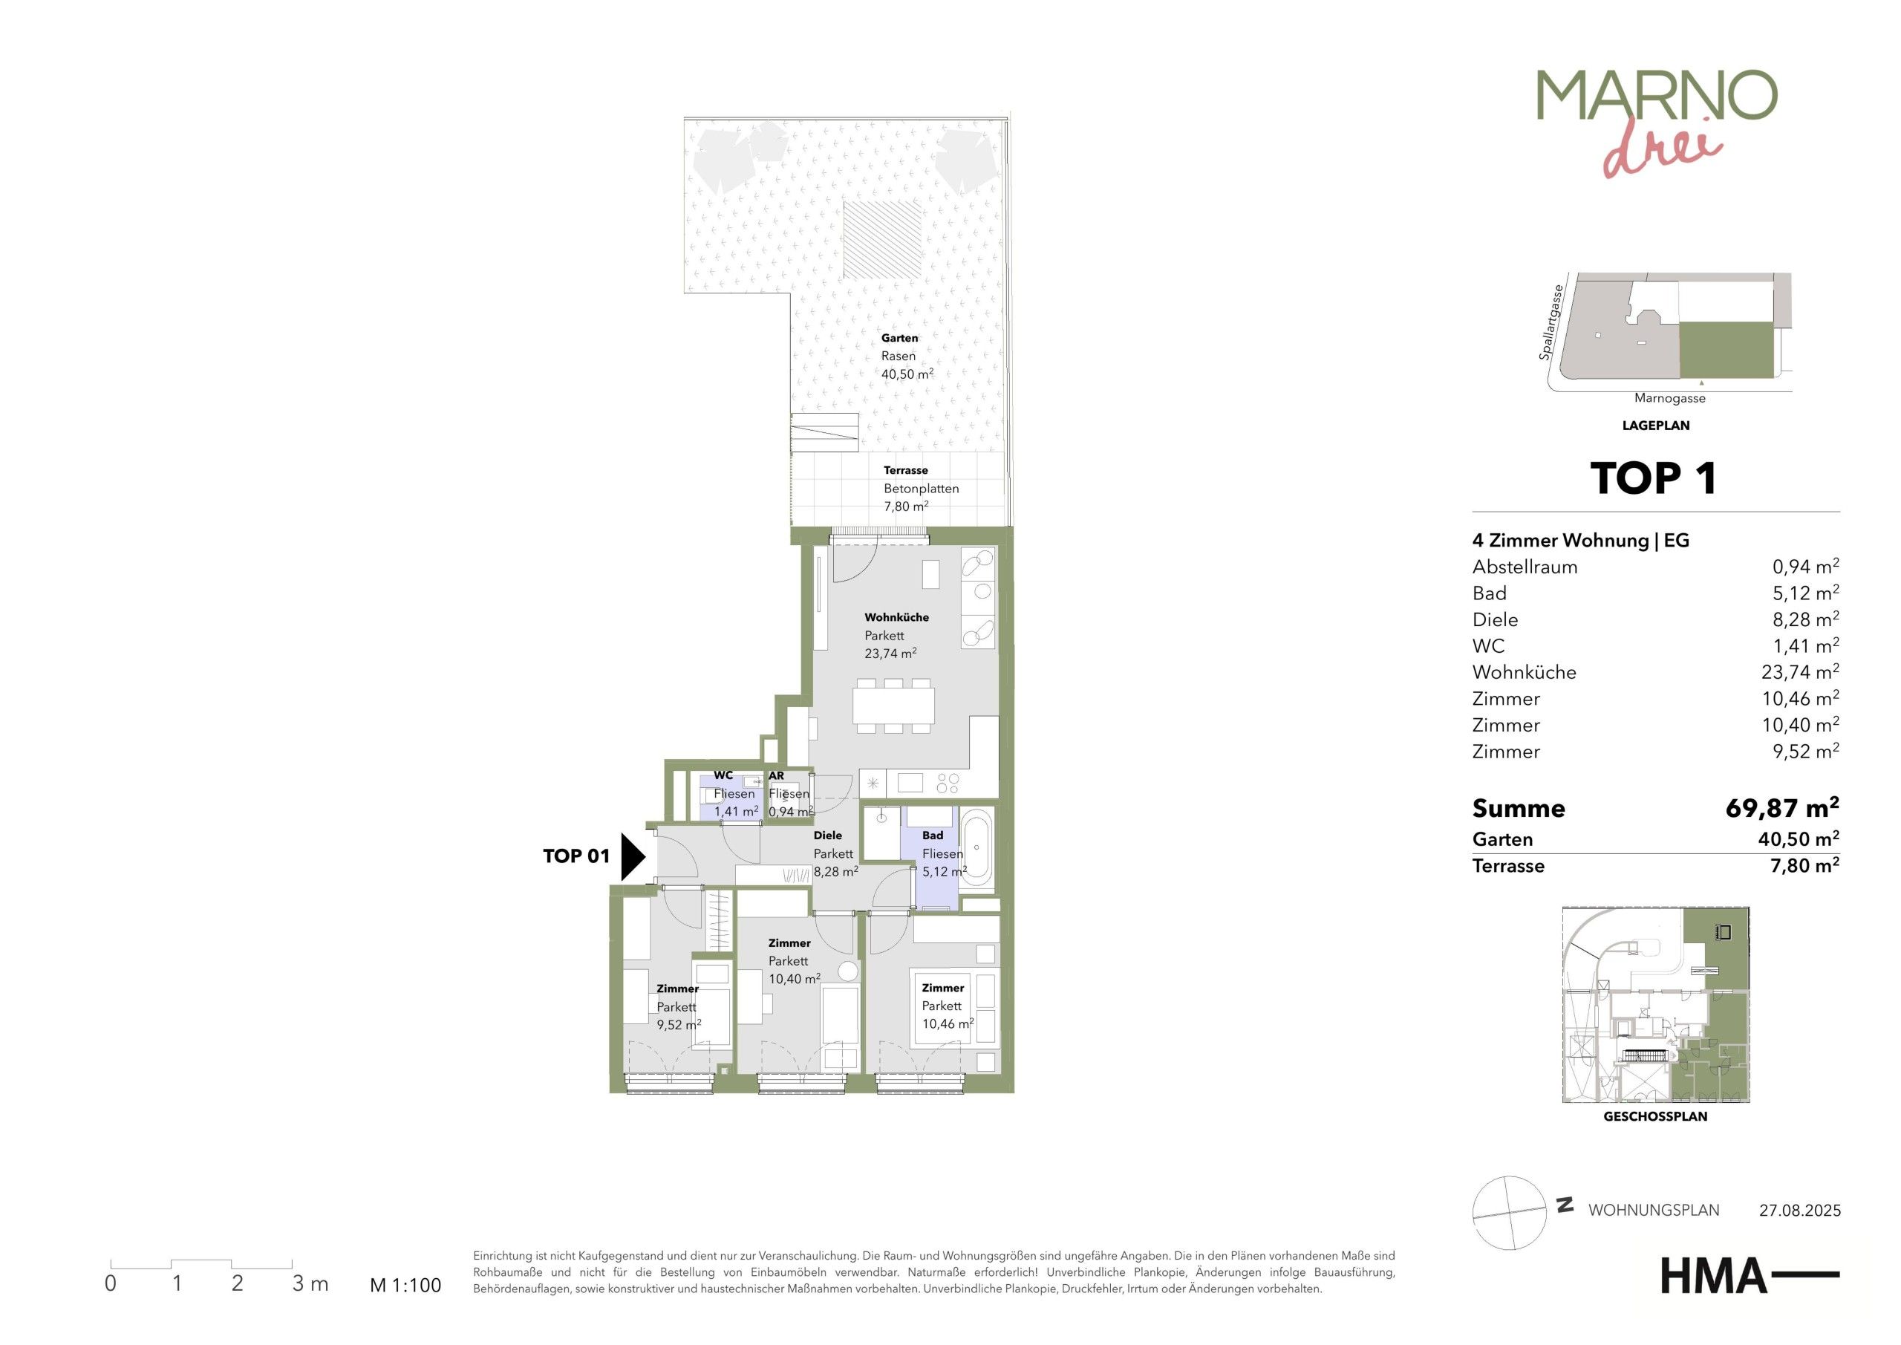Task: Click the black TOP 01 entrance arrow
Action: coord(633,856)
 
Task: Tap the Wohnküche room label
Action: coord(897,617)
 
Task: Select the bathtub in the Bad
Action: coord(977,849)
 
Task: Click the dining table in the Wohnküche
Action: coord(893,705)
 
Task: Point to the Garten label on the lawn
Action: coord(899,338)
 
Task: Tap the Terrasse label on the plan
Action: coord(906,470)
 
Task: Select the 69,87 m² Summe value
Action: coord(1781,807)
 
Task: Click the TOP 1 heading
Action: coord(1654,479)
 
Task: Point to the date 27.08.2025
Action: coord(1800,1210)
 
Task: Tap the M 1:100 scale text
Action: coord(405,1286)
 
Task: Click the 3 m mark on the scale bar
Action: coord(310,1283)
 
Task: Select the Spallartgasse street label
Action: coord(1551,323)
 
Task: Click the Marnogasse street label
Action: coord(1670,398)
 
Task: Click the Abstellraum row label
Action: coord(1525,567)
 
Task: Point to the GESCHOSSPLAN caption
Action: coord(1655,1116)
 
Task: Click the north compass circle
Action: coord(1510,1213)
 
